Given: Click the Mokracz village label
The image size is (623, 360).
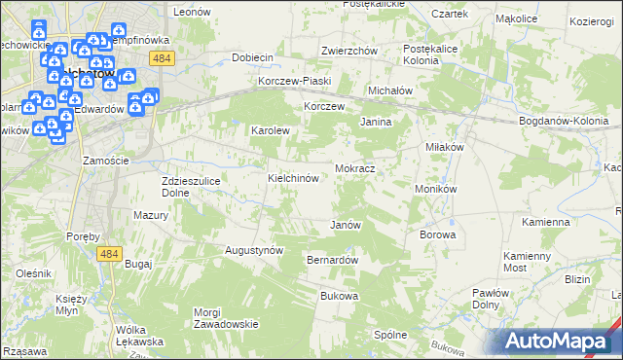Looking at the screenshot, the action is coord(355,168).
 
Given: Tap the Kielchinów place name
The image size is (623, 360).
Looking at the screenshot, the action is coord(294,179).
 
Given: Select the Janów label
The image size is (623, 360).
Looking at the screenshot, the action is coord(346,225).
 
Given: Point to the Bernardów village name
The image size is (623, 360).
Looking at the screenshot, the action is coord(333,261).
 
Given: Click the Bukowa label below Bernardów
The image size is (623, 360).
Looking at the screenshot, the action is coord(340,296).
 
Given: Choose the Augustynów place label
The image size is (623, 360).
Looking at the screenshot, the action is coord(254,250).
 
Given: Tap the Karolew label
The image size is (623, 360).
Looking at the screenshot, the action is coord(272,129).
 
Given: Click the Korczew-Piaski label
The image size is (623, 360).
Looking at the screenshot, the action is coord(295,81).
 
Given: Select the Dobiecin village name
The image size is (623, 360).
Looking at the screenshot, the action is coord(252,57).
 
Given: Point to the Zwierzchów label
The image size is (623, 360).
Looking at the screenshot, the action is coord(348,51).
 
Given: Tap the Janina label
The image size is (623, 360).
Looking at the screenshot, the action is coord(376,123).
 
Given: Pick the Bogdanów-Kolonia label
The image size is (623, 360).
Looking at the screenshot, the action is coord(564,121).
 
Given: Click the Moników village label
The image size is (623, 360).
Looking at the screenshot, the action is coord(435,188).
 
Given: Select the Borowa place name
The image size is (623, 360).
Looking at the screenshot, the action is coord(437,234).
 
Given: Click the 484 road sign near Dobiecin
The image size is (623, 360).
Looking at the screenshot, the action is coord(162,58).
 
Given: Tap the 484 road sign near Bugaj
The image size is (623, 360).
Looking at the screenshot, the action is coord(109,253).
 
